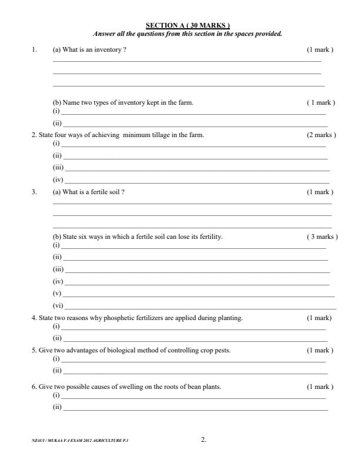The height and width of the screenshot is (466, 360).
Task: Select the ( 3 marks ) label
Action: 322,237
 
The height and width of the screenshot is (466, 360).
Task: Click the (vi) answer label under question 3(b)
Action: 58,306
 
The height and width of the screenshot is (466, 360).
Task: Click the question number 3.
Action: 34,192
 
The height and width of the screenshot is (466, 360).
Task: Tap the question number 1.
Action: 34,50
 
